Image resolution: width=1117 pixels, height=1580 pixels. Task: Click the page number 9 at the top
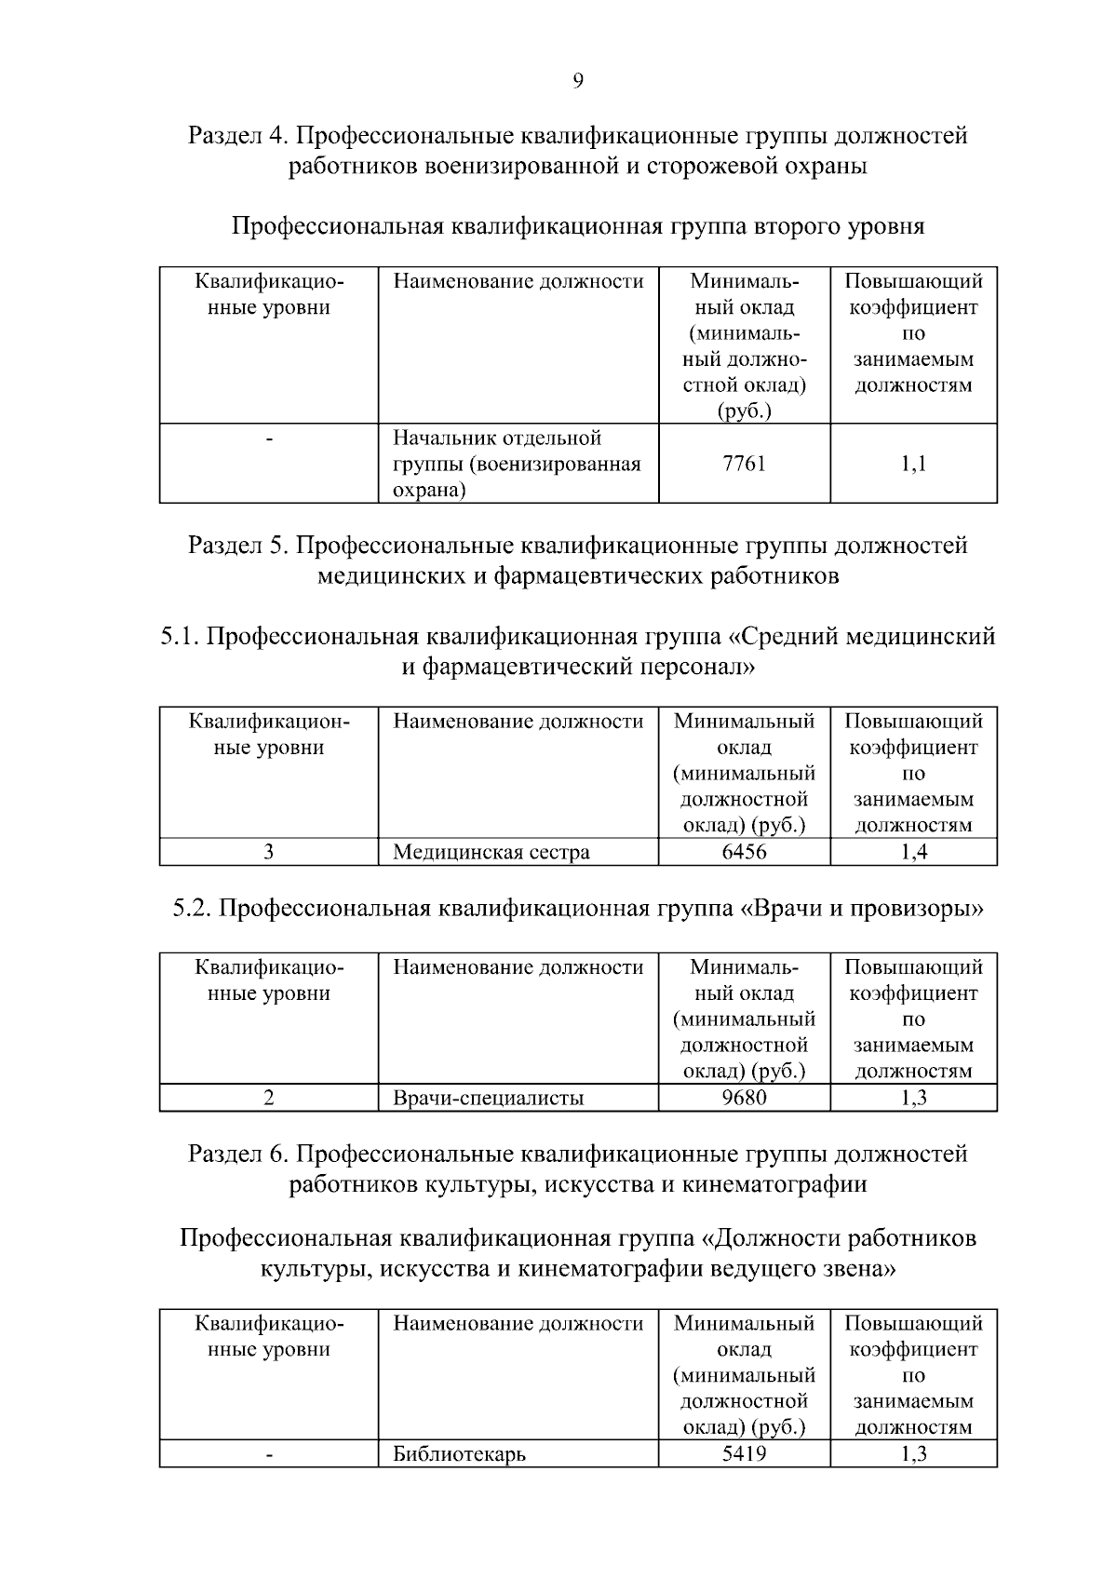(x=577, y=81)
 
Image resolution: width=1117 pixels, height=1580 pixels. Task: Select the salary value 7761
(x=744, y=464)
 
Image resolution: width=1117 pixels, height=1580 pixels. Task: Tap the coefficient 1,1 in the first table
(x=913, y=464)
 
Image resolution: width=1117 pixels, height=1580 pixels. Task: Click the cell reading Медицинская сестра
(x=491, y=852)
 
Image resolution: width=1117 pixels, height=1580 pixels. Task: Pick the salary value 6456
(x=744, y=852)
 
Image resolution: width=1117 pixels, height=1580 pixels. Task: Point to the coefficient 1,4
(x=913, y=852)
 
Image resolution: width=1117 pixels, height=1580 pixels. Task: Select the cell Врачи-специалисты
(x=488, y=1098)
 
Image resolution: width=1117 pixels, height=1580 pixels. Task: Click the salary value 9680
(x=744, y=1098)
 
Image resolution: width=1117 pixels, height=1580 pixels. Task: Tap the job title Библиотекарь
(x=459, y=1453)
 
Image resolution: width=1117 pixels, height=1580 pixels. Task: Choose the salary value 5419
(x=744, y=1452)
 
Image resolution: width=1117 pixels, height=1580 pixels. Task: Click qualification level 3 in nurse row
(x=268, y=852)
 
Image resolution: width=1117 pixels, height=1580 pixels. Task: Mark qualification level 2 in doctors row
(x=268, y=1098)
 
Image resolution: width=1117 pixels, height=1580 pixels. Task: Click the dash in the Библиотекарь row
(x=268, y=1454)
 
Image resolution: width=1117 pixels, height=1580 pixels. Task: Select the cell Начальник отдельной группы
(x=517, y=464)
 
